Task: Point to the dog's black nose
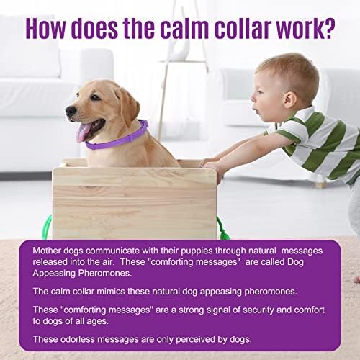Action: tap(71, 112)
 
